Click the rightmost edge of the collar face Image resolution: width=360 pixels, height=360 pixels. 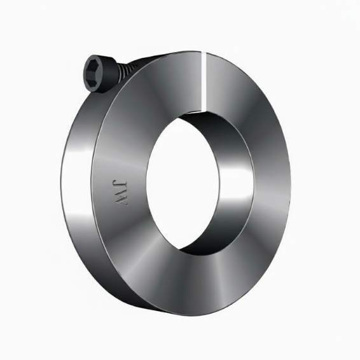[x=290, y=184]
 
